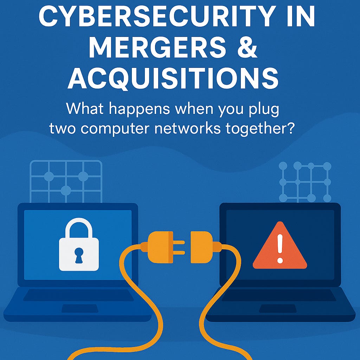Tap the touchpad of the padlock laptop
80,309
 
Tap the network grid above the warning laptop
305,182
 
